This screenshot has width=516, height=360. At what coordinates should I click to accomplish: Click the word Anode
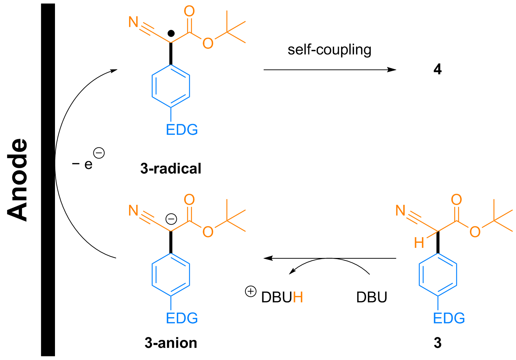click(x=18, y=180)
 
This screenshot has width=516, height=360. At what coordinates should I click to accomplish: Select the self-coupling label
click(x=329, y=50)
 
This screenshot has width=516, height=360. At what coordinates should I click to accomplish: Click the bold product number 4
click(x=437, y=69)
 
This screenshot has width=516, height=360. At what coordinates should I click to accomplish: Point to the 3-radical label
click(x=171, y=169)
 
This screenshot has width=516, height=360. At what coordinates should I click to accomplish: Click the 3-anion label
click(x=171, y=343)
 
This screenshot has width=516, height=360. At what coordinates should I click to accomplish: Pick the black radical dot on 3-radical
click(x=171, y=34)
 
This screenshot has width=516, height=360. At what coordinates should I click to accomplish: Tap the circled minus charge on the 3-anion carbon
click(x=171, y=219)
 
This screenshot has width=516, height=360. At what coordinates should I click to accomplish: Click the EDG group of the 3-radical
click(x=182, y=130)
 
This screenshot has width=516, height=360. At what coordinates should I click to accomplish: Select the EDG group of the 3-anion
click(x=182, y=318)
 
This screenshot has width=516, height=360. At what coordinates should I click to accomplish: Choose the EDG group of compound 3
click(x=449, y=318)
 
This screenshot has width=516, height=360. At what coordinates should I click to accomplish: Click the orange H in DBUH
click(x=298, y=297)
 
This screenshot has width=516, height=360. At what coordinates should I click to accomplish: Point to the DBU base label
click(x=372, y=297)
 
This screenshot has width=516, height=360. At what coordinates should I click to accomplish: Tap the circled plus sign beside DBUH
click(x=250, y=291)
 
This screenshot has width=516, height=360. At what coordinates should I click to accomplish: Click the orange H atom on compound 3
click(x=419, y=243)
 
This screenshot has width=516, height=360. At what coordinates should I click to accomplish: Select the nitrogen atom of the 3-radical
click(x=133, y=22)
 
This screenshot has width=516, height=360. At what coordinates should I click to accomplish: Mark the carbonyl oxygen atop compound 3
click(x=456, y=200)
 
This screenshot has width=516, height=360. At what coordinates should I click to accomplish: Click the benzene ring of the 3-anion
click(x=171, y=275)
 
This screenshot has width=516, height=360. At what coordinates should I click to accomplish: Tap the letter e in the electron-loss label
click(x=88, y=165)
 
